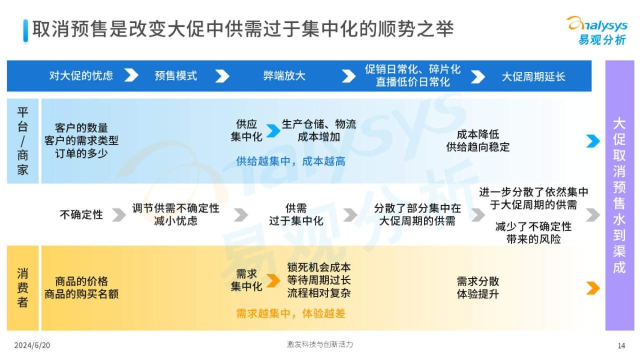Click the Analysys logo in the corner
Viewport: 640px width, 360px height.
[597, 30]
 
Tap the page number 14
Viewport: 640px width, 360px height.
[621, 345]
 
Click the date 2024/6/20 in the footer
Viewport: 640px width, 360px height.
[32, 345]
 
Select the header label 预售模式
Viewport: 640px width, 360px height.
[175, 76]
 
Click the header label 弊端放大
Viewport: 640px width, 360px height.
[284, 76]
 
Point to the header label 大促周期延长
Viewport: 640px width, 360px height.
[533, 76]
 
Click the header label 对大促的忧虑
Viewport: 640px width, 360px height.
[81, 75]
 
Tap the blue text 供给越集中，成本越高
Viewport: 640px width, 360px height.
[290, 161]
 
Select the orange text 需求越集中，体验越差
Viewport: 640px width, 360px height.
[290, 313]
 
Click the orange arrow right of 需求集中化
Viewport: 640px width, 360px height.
[273, 280]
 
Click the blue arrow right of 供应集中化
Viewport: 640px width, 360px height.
[273, 131]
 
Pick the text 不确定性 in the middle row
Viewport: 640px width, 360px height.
[81, 214]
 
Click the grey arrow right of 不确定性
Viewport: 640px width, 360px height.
[119, 215]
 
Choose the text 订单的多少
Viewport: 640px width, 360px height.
[81, 153]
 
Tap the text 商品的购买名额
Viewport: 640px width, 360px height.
[81, 294]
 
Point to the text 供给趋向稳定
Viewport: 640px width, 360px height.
[477, 147]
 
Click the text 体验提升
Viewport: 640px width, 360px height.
[477, 293]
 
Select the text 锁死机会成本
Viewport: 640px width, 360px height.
[319, 267]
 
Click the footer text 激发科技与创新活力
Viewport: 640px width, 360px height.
[320, 344]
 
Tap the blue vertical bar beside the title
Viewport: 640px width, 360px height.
[25, 31]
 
